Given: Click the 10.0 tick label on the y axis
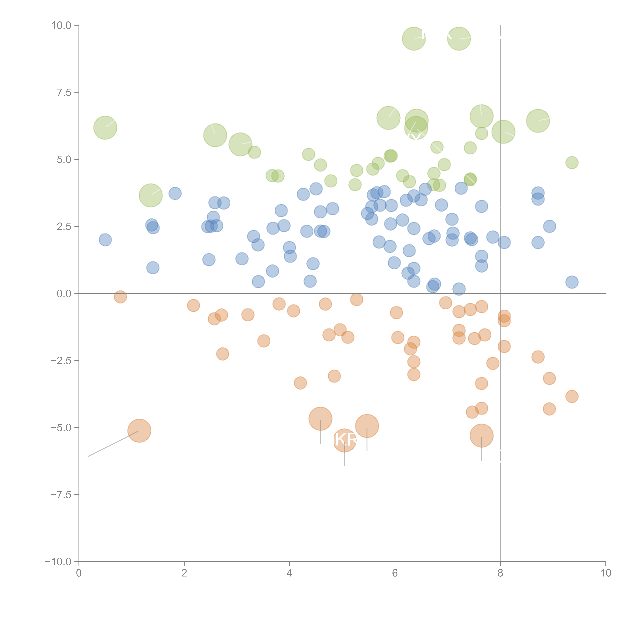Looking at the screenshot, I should click(61, 25).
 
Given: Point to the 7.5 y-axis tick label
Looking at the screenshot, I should click(64, 92).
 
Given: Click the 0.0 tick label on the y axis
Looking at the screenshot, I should click(64, 294).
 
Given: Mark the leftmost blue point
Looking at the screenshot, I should click(105, 240).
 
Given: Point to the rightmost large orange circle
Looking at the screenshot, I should click(481, 435).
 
